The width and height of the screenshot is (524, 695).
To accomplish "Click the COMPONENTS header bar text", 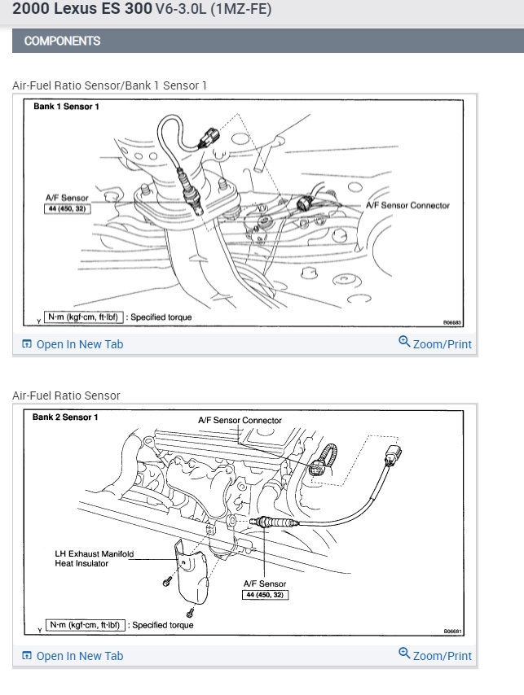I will tap(63, 41).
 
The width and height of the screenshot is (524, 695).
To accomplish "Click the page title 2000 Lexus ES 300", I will tap(81, 10).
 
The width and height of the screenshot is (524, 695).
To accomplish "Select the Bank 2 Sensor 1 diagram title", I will tap(65, 417).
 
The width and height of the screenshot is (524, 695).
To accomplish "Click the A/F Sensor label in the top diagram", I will tap(68, 197).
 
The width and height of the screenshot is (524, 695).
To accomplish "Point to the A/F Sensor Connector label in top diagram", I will tap(407, 205).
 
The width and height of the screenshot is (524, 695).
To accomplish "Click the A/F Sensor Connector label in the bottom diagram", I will tap(240, 421).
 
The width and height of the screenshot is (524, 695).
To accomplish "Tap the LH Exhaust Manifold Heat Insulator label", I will tap(94, 558).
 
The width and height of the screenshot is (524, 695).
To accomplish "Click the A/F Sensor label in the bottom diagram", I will tap(265, 584).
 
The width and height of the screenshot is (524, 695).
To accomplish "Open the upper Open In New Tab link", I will tap(73, 344).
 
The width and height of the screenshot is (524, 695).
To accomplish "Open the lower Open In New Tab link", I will tap(73, 656).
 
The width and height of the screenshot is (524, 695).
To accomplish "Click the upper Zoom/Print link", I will tap(435, 343).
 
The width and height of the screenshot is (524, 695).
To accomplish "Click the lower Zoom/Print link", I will tap(435, 655).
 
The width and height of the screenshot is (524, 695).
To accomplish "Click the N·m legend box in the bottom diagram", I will tap(86, 625).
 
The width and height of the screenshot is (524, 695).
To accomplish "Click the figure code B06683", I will tap(453, 322).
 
